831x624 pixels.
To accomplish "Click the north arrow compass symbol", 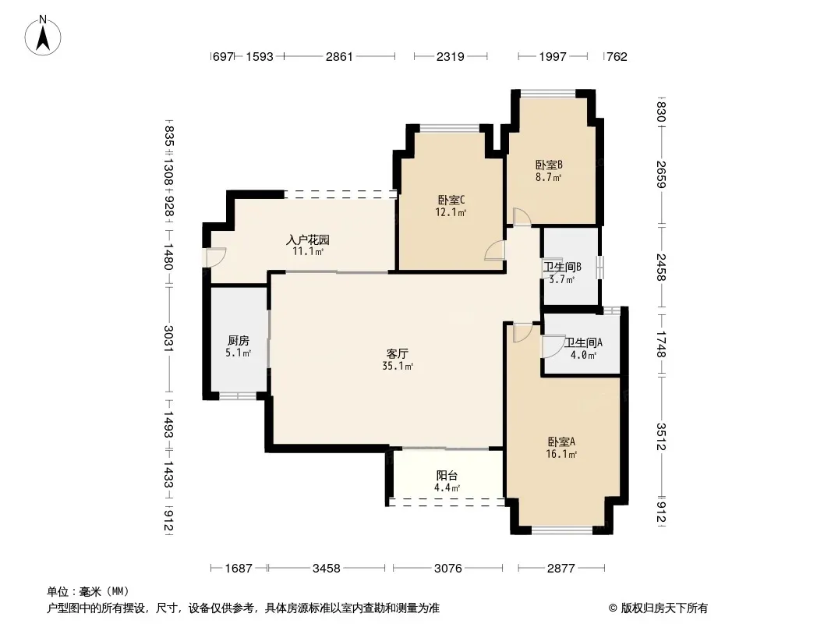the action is pos(43,36).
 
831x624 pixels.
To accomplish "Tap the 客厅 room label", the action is pos(397,353).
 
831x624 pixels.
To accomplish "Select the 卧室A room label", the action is pos(561,441).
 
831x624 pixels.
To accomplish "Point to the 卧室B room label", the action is pos(549,165).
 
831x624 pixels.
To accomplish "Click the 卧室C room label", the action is pos(451,200).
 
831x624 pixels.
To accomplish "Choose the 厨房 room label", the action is pos(238,340).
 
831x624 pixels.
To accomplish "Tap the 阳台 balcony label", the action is pos(447,476).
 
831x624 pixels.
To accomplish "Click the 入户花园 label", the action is pos(308,239).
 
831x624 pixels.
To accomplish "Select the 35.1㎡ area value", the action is pos(398,366).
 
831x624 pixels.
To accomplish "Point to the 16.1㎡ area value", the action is pos(561,454).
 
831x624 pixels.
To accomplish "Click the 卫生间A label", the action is pos(583,342).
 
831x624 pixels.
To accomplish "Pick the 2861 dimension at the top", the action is pos(339,56).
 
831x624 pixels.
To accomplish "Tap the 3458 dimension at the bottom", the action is pos(326,569).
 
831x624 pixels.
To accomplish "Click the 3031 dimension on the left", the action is pos(168,339).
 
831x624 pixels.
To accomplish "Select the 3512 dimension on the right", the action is pos(661,436).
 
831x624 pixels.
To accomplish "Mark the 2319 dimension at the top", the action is pos(451,56).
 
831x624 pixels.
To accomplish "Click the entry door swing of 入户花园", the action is pos(216,257).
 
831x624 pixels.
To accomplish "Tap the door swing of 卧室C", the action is pos(495,250).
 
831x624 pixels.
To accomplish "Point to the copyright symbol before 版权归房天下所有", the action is pos(613,608).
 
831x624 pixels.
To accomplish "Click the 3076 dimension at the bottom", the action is pos(447,569).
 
